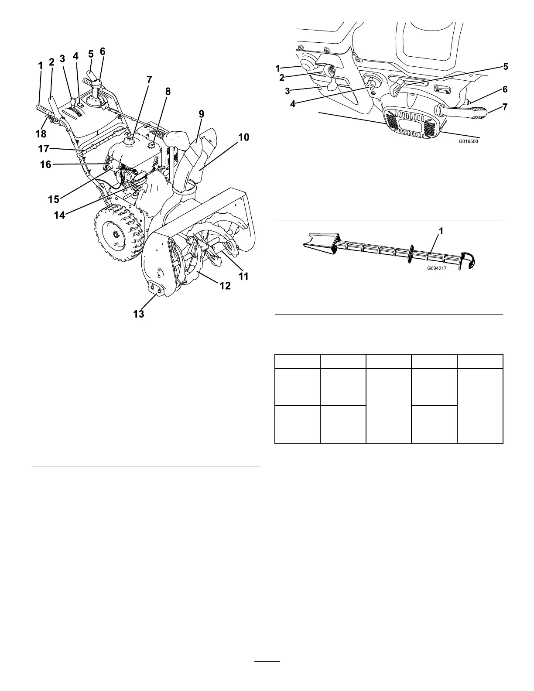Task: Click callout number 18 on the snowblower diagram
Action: point(41,134)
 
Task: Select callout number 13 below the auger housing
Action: point(138,314)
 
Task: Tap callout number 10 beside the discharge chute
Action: point(243,138)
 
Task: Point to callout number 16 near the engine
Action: point(45,164)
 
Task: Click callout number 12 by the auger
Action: point(225,286)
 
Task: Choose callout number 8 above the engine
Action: point(168,92)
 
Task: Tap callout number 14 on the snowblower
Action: point(59,215)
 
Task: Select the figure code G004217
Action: point(437,269)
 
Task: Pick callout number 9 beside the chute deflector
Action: point(201,114)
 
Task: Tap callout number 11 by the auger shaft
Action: point(243,276)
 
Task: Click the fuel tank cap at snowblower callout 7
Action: point(130,140)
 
